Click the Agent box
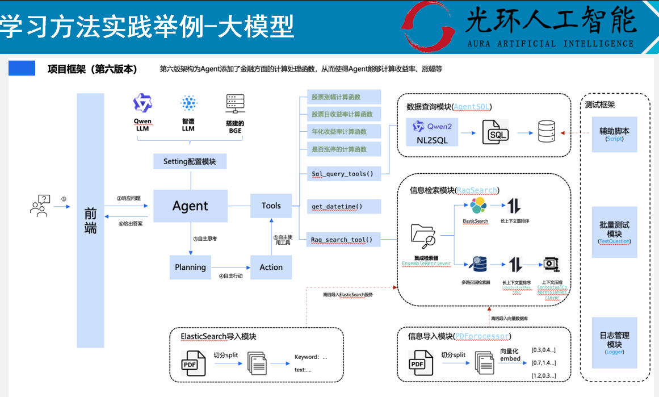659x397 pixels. click(x=190, y=206)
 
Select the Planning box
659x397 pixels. click(x=190, y=267)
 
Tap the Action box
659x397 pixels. click(x=271, y=267)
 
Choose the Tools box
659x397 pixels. click(x=271, y=206)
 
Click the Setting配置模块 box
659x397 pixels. click(x=190, y=161)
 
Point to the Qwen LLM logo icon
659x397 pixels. click(x=142, y=103)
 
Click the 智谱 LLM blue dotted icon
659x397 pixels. click(x=188, y=103)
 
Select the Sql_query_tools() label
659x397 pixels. click(x=342, y=174)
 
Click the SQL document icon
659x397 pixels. click(x=495, y=134)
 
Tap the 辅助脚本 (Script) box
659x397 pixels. click(x=614, y=134)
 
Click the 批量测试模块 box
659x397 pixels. click(x=614, y=232)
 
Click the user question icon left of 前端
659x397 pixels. click(x=40, y=206)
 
